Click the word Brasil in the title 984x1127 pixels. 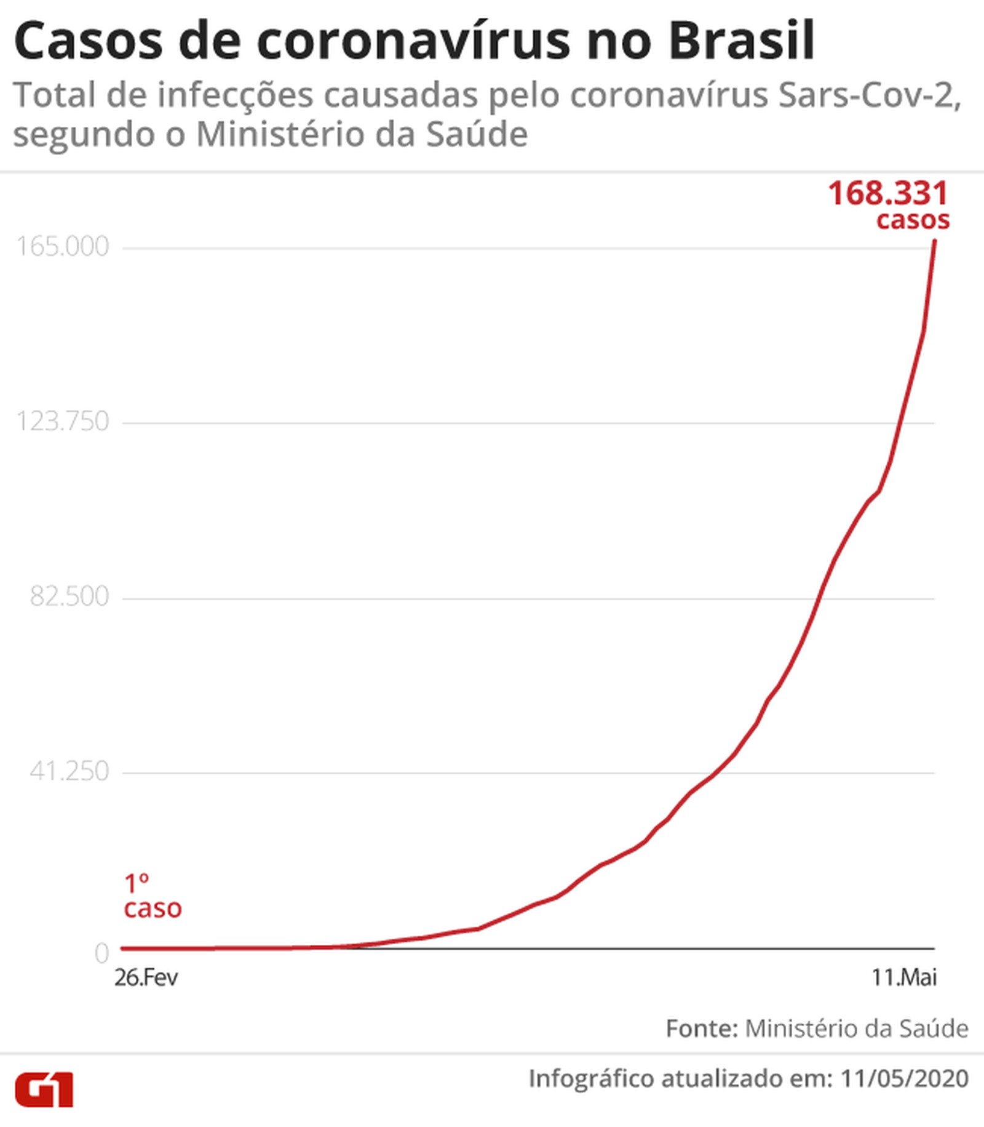tap(740, 41)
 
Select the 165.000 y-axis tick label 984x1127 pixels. tap(62, 247)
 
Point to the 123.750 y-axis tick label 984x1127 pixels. tap(62, 422)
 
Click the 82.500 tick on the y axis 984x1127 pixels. tap(69, 596)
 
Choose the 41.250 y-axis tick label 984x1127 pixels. tap(69, 771)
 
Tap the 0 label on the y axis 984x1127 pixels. tap(101, 953)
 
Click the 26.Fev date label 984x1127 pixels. tap(146, 977)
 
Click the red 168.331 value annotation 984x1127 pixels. tap(888, 193)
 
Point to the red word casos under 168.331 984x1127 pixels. tap(913, 220)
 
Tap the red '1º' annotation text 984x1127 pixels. tap(137, 884)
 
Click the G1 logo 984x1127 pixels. tap(44, 1090)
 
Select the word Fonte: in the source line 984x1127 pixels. tap(701, 1029)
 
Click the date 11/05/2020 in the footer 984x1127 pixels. tap(904, 1078)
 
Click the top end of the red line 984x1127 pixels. tap(935, 241)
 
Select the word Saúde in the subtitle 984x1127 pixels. tap(477, 135)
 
